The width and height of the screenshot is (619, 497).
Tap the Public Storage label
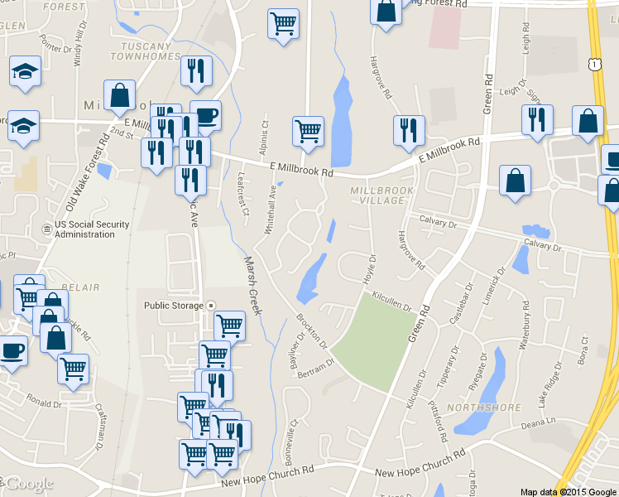[174, 306]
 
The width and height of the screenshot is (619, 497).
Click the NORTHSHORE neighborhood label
[483, 408]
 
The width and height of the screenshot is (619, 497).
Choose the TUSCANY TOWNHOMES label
[150, 51]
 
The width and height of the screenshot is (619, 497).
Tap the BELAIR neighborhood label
[79, 287]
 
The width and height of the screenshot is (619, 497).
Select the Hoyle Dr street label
[368, 269]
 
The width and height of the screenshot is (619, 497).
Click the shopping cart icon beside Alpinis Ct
[308, 131]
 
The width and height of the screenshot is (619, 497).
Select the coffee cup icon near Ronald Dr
[12, 350]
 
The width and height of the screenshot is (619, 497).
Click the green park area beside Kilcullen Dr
[375, 340]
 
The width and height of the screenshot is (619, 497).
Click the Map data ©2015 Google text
[569, 491]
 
